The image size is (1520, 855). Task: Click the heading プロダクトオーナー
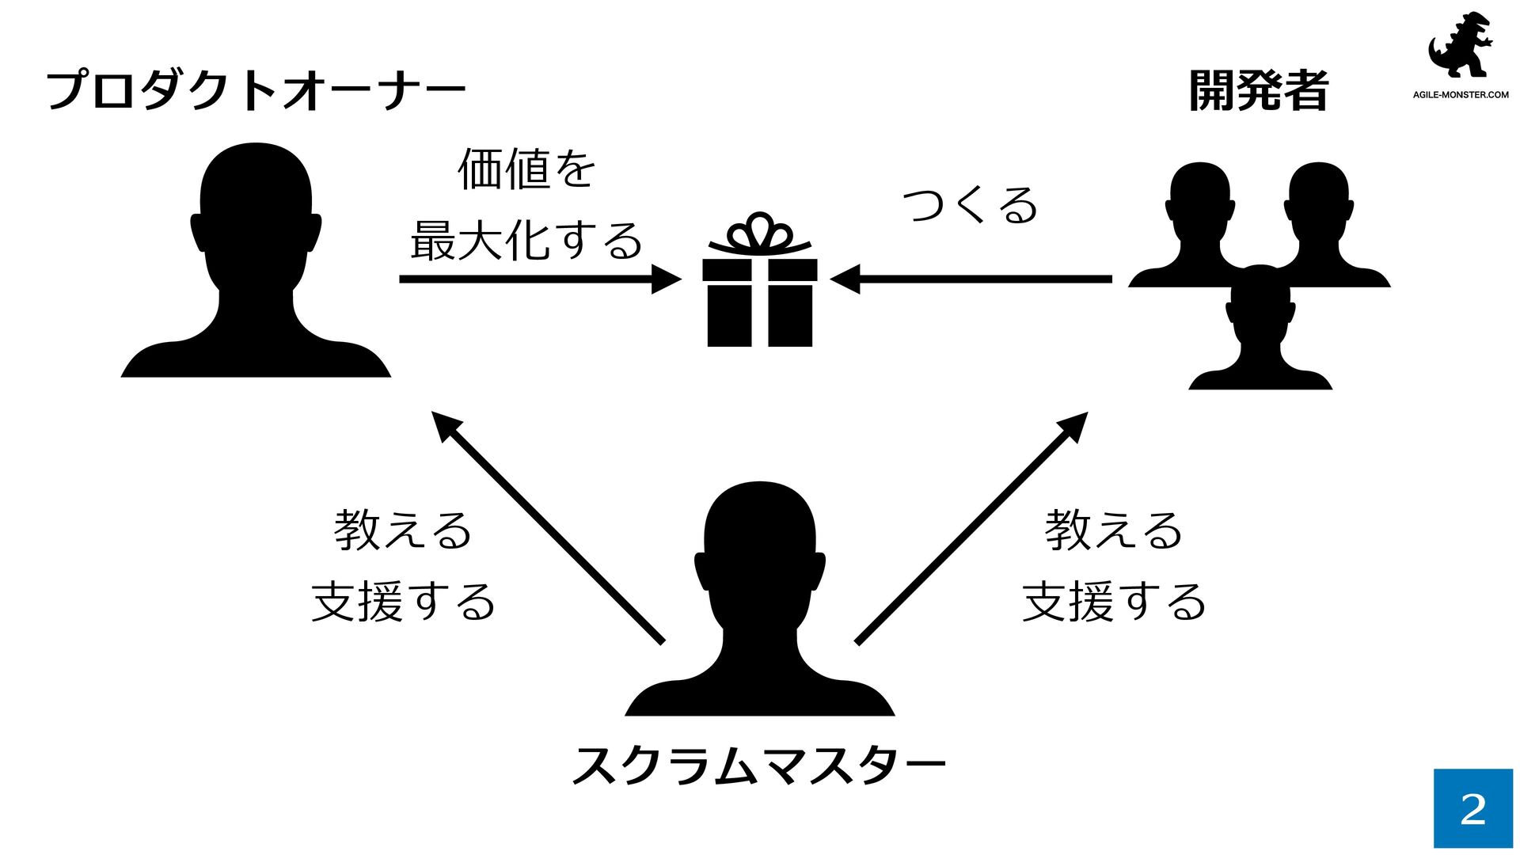tap(255, 91)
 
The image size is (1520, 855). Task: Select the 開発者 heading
tap(1258, 91)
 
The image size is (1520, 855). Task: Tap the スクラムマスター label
tap(758, 766)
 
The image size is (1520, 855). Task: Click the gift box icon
tap(759, 301)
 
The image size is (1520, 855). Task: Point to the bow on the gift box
tap(759, 233)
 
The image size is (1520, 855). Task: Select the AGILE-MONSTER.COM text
tap(1461, 95)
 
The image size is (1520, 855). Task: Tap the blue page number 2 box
tap(1472, 808)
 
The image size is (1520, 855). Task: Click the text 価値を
tap(526, 169)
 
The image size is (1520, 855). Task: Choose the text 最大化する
tap(526, 241)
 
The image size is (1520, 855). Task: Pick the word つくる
tap(970, 205)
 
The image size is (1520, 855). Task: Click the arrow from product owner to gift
tap(538, 279)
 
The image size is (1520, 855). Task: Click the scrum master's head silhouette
tap(759, 546)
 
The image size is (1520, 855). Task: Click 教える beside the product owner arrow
tap(403, 530)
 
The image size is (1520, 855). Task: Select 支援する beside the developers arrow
tap(1114, 602)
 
